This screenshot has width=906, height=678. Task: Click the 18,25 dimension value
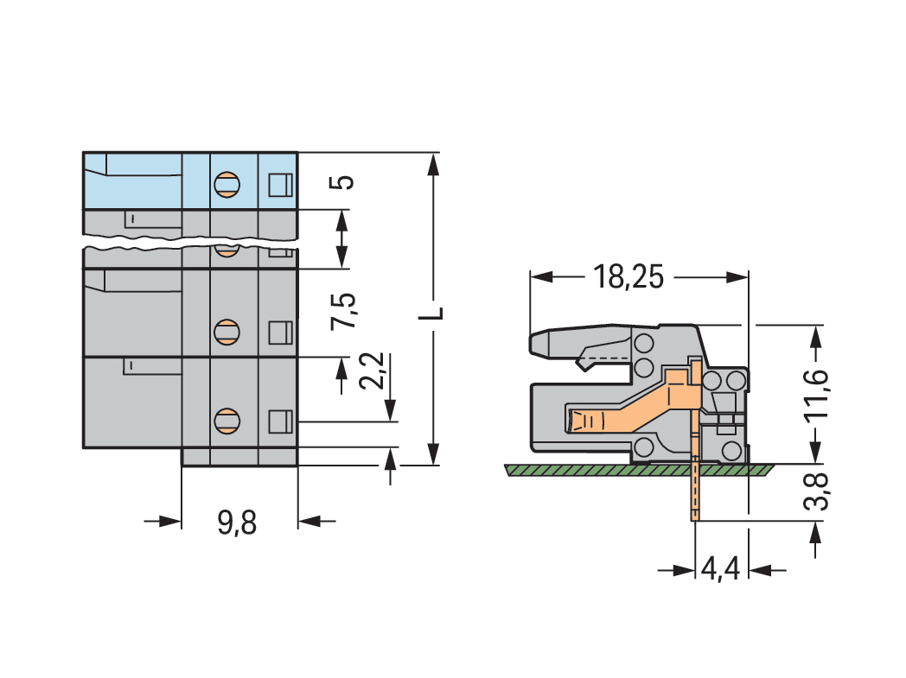pyautogui.click(x=628, y=277)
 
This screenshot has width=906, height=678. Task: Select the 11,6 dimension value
pyautogui.click(x=816, y=394)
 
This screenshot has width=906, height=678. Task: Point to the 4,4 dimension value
pyautogui.click(x=720, y=570)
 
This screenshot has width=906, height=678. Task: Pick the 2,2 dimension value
pyautogui.click(x=375, y=371)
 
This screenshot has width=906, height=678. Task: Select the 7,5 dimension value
pyautogui.click(x=344, y=310)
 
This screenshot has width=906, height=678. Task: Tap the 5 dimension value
pyautogui.click(x=343, y=182)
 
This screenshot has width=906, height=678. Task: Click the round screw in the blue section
pyautogui.click(x=226, y=183)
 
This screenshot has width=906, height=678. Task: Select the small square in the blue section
pyautogui.click(x=280, y=184)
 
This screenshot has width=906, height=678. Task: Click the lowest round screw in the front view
pyautogui.click(x=226, y=421)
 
